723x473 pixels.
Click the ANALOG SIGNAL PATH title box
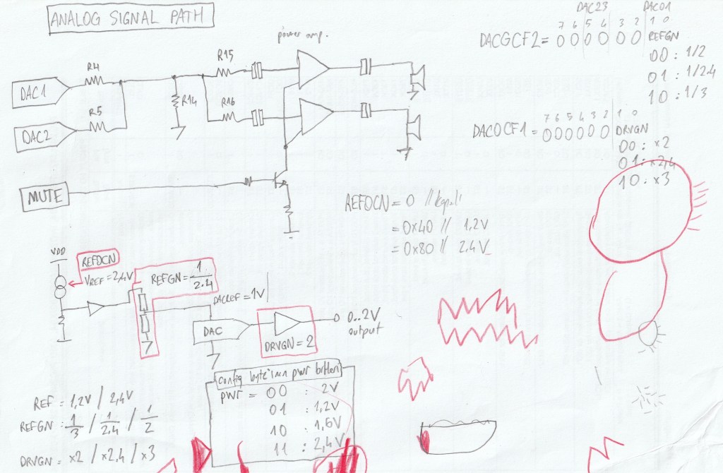click(131, 19)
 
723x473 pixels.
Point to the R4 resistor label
click(92, 67)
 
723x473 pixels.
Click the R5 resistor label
click(95, 112)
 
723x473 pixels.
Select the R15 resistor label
click(225, 54)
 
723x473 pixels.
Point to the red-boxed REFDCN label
click(100, 261)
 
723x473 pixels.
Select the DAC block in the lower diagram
click(213, 331)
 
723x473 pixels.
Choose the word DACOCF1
click(501, 131)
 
